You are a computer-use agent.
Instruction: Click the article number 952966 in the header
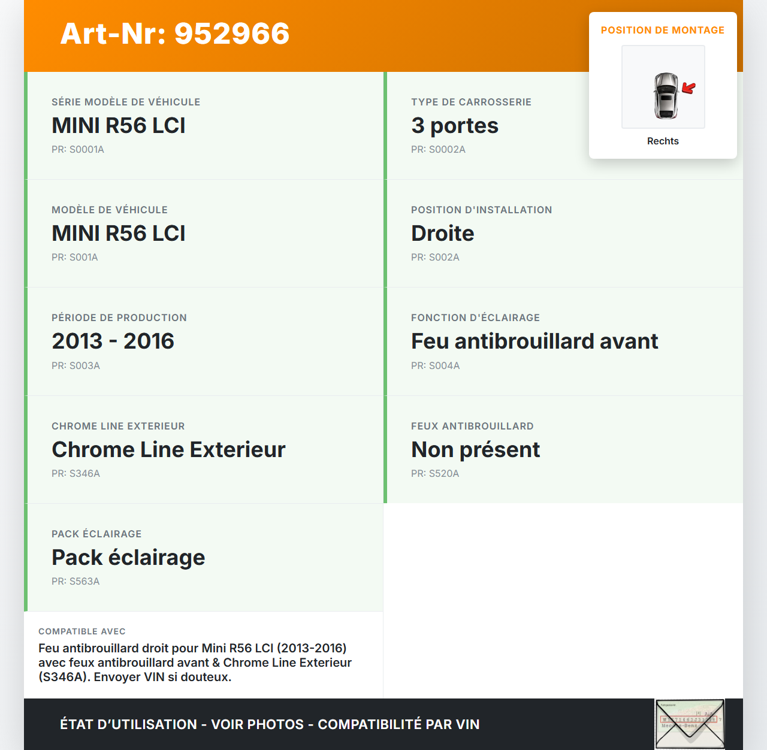[232, 34]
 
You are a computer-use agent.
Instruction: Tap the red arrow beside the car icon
[689, 89]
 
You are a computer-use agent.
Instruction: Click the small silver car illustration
[666, 95]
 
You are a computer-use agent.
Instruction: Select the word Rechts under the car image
[663, 141]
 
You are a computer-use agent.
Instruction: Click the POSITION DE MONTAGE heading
[662, 31]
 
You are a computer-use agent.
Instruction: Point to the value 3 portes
[454, 126]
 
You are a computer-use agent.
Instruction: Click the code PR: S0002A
[438, 150]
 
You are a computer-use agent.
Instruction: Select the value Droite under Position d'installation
[442, 234]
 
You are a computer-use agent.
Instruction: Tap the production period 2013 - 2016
[113, 341]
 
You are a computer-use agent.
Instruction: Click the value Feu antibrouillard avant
[534, 341]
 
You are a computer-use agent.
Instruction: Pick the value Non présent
[475, 450]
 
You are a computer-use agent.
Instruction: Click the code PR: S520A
[435, 474]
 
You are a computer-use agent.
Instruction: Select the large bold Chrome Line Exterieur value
[168, 450]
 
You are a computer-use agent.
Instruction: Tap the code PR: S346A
[76, 474]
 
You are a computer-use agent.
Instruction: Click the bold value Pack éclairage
[128, 558]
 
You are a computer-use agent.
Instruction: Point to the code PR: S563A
[76, 582]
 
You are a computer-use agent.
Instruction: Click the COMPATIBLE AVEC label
[82, 631]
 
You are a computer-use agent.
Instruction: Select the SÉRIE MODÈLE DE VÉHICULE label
[126, 102]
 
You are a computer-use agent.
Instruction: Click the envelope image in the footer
[690, 724]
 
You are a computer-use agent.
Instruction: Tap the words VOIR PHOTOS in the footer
[257, 724]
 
